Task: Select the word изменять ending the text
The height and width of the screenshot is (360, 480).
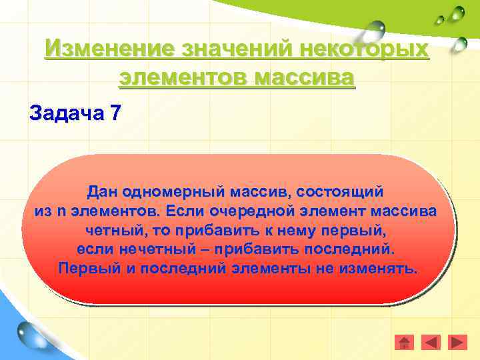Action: click(x=386, y=268)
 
